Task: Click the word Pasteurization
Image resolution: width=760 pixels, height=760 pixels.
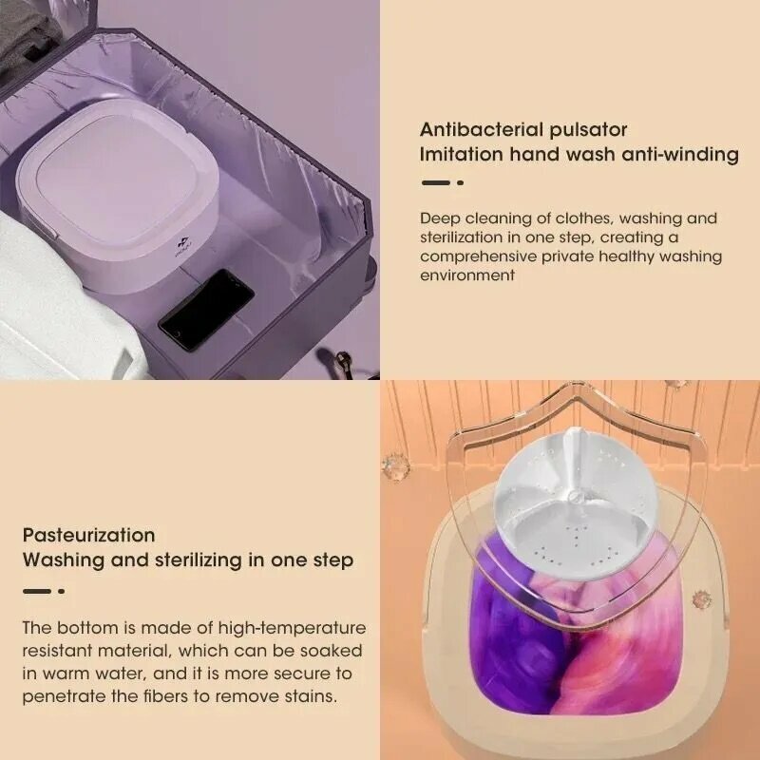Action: [88, 535]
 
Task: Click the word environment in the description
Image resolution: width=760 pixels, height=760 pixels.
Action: [467, 275]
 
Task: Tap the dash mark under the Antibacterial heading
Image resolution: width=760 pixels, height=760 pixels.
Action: [435, 182]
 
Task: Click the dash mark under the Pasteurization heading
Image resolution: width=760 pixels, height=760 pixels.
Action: [37, 590]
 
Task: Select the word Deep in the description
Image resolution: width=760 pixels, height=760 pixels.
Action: [439, 218]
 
